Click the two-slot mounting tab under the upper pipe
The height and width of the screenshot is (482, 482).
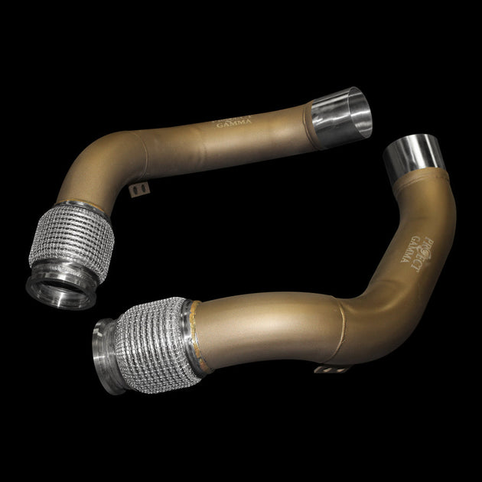pyautogui.click(x=138, y=188)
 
